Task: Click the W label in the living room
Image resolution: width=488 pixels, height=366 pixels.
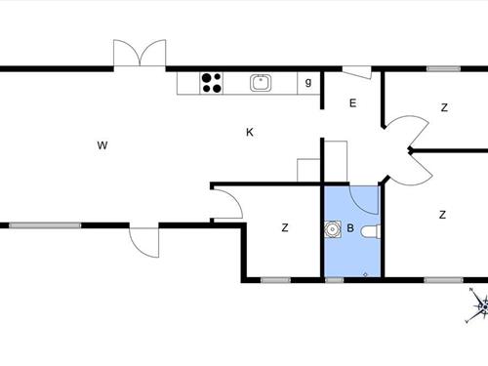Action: click(102, 146)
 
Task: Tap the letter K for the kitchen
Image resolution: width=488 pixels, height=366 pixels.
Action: click(250, 132)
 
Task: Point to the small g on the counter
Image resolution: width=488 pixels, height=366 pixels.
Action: click(308, 83)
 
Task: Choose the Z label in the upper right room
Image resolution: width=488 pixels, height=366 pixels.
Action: click(443, 107)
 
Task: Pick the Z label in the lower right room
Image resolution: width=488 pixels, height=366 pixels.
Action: click(442, 215)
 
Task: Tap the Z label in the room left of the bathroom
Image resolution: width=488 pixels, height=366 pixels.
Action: click(285, 228)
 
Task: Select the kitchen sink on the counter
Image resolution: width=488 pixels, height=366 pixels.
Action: click(261, 83)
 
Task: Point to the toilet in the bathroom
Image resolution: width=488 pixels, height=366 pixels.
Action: click(368, 231)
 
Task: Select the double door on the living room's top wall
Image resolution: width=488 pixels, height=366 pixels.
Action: click(139, 55)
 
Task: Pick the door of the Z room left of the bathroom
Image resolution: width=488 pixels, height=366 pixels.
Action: click(226, 203)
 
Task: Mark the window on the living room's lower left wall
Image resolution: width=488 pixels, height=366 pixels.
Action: click(45, 225)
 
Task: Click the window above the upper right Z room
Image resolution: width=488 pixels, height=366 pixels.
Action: click(443, 68)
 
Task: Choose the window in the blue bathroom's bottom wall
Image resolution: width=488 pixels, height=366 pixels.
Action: click(335, 280)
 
